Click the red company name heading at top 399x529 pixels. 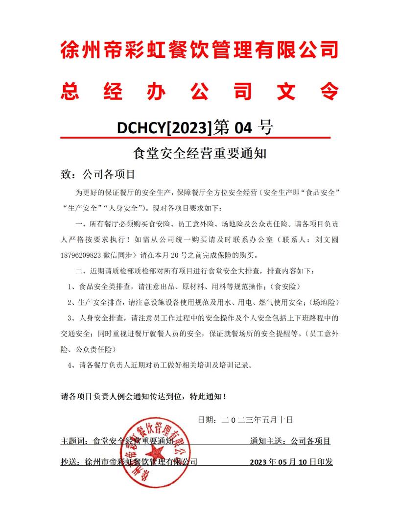[199, 50]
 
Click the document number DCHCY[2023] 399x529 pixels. [164, 128]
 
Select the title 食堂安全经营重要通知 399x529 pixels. [199, 154]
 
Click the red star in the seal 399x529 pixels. [157, 449]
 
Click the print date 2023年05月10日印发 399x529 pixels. [291, 461]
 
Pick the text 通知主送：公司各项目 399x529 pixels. [290, 441]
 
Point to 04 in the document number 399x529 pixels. [243, 128]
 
